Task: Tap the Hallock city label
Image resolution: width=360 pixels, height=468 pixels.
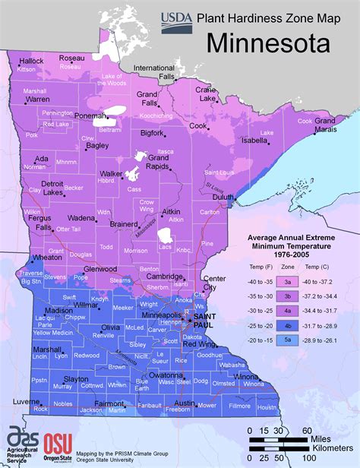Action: pyautogui.click(x=32, y=60)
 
